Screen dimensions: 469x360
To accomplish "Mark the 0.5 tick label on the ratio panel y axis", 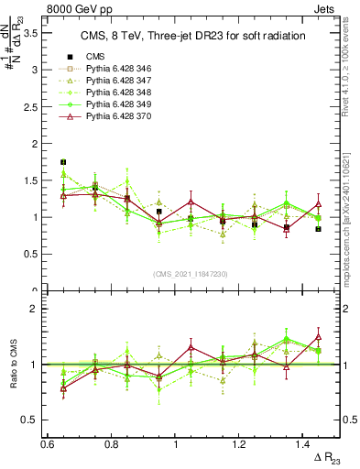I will click(30, 420).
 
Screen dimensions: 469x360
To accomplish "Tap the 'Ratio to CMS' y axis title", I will click(12, 364).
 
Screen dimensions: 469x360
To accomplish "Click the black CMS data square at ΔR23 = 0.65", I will click(63, 162).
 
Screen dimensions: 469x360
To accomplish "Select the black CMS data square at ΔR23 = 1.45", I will click(318, 229).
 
